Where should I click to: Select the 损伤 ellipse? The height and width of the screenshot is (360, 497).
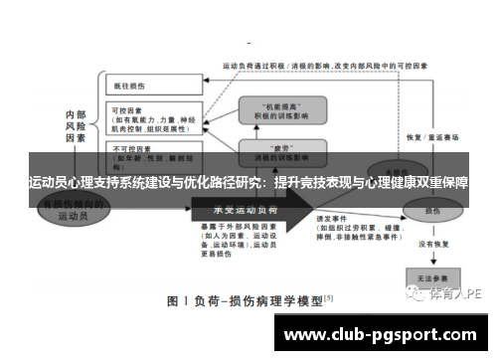click(x=433, y=211)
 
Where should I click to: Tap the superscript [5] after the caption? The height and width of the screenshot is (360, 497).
click(x=329, y=295)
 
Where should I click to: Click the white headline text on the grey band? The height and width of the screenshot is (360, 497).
click(x=248, y=184)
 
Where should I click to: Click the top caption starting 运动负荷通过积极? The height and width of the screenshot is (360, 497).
click(x=328, y=66)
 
